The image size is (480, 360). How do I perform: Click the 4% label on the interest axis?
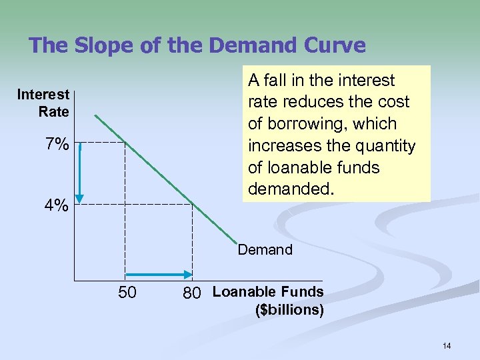[x=57, y=206]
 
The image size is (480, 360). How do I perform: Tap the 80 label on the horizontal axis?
[x=191, y=293]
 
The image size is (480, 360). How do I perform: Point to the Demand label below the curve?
[x=265, y=250]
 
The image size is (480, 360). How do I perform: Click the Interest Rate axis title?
[x=43, y=103]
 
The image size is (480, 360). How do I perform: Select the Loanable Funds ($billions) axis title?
[x=268, y=301]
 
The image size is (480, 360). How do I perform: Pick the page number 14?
[x=447, y=345]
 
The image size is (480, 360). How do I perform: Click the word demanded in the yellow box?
[x=289, y=189]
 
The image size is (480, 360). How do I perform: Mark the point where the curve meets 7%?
[x=125, y=142]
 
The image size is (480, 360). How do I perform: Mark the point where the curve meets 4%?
[x=192, y=203]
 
